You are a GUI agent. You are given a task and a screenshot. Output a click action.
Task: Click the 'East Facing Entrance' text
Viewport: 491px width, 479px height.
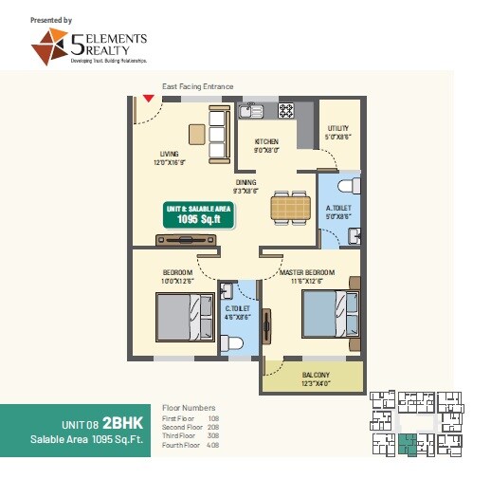(x=197, y=86)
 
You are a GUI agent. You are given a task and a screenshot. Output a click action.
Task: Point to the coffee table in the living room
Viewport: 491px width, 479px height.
(x=196, y=132)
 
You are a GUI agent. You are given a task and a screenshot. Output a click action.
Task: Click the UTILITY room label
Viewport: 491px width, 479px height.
(x=338, y=129)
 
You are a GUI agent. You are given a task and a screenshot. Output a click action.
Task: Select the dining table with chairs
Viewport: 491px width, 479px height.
(x=289, y=207)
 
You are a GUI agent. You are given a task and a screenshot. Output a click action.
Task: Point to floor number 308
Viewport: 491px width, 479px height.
(x=214, y=434)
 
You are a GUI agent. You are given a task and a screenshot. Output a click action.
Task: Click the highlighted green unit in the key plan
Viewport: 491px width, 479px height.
(x=408, y=442)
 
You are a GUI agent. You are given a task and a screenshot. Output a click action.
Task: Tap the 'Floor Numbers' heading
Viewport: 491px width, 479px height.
(x=190, y=408)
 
